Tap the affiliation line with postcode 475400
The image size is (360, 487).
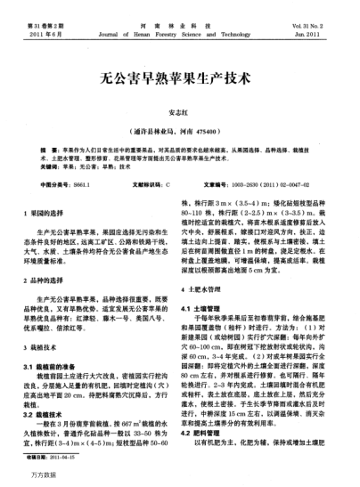pos(180,128)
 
